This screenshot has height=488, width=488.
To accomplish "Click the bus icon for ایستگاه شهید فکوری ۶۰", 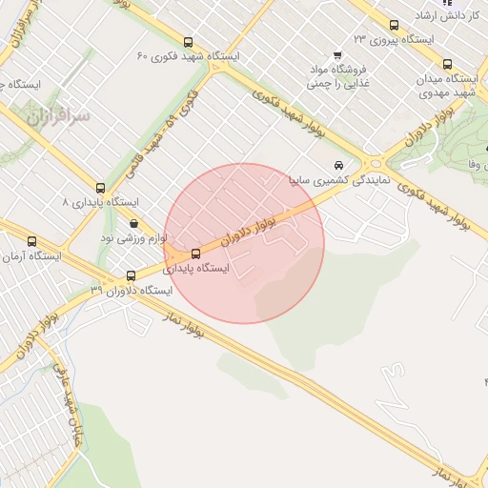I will pos(188,43).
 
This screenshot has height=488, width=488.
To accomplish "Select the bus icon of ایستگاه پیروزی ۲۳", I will pos(394,26).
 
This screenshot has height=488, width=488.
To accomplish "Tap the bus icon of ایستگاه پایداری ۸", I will pos(100,188).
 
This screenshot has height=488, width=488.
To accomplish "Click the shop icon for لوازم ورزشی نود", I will pos(133,224).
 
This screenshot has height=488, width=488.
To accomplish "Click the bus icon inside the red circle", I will pos(195,254).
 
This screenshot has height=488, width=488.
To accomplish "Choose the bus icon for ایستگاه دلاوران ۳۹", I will pos(131,275).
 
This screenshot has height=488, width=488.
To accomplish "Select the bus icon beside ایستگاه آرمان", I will pos(32,242).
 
